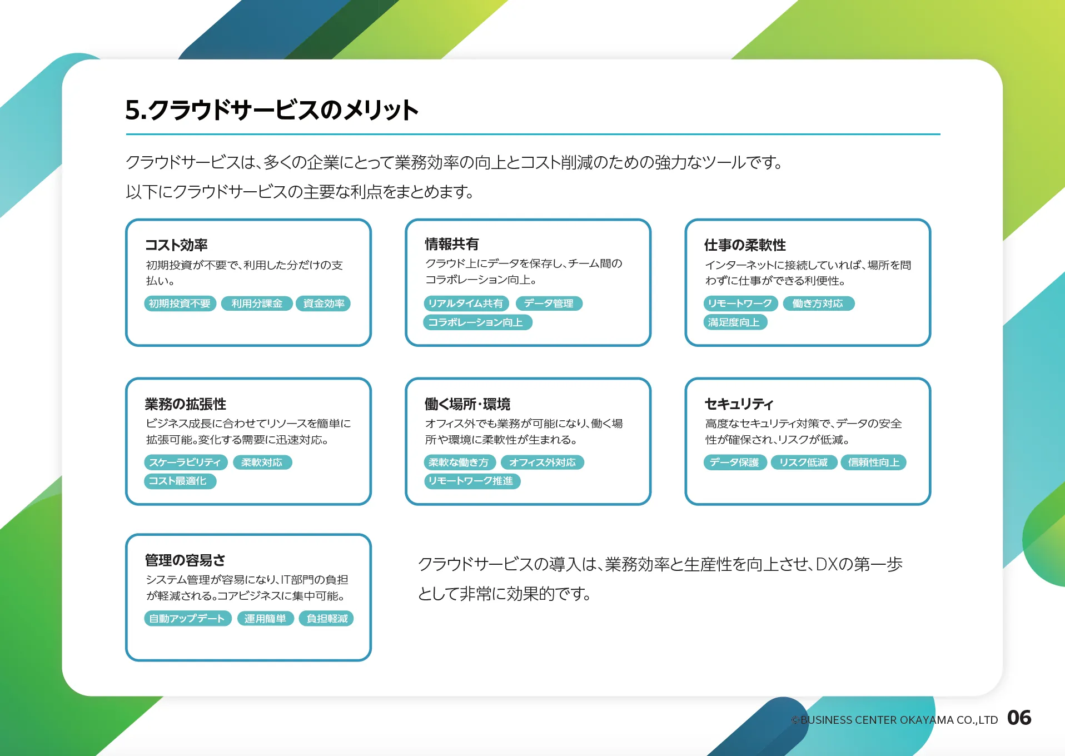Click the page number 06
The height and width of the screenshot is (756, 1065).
point(1019,718)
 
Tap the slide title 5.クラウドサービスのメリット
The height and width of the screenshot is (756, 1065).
point(272,110)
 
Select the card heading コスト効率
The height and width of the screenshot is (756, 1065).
point(176,245)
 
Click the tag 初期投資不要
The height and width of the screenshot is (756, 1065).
point(180,304)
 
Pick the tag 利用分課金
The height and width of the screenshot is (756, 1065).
point(257,304)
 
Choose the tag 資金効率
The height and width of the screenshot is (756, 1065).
point(324,304)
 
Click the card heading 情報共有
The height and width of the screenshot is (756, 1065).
point(452,243)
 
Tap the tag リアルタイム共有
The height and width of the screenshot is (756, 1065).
point(466,304)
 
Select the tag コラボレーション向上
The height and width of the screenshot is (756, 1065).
point(477,322)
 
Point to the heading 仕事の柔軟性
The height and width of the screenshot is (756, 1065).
point(745,245)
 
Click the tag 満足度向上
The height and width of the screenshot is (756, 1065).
point(735,322)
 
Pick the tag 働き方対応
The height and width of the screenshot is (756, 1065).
point(818,304)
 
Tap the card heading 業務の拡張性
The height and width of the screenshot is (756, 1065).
point(186,404)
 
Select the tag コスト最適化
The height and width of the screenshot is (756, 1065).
point(180,481)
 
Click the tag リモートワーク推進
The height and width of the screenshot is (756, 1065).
point(472,481)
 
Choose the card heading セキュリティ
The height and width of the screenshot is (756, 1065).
point(739,404)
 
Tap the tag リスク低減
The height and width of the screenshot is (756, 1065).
point(804,462)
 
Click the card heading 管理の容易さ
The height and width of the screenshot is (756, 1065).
point(185,560)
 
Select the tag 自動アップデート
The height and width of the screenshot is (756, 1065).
point(188,619)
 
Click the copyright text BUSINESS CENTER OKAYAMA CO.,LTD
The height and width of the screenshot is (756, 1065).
point(899,720)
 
